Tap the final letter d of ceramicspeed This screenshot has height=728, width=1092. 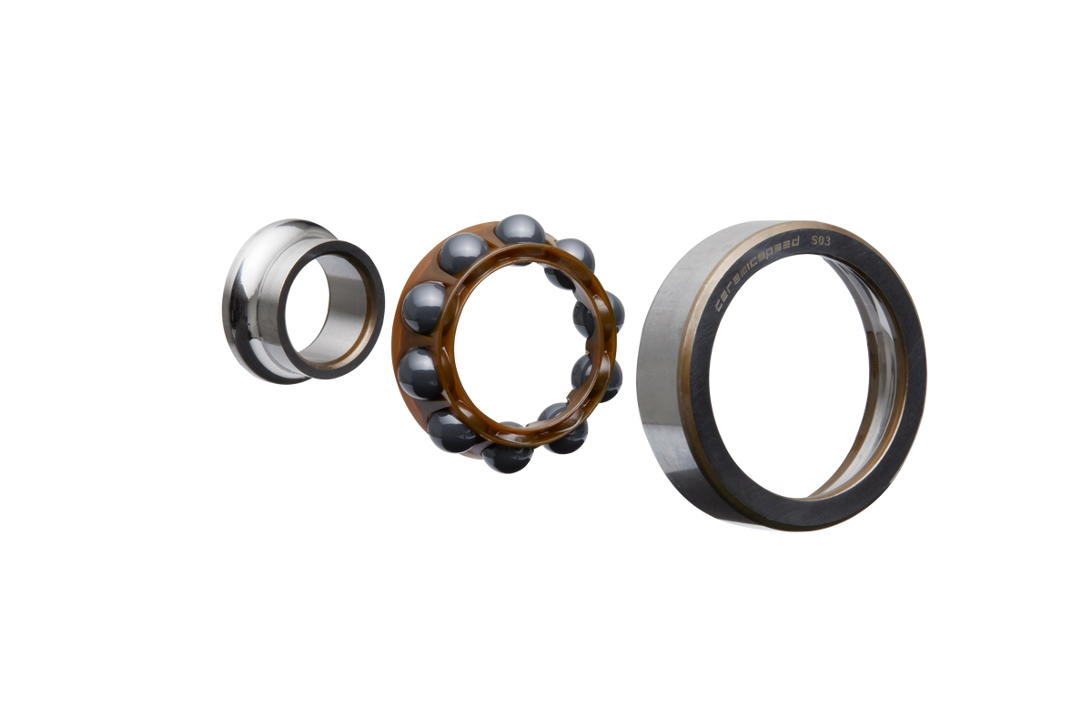click(x=795, y=241)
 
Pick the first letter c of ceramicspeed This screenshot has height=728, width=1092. click(x=719, y=308)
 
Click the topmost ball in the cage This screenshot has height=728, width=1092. click(x=521, y=234)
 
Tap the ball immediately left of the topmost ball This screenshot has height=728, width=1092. click(x=462, y=253)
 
